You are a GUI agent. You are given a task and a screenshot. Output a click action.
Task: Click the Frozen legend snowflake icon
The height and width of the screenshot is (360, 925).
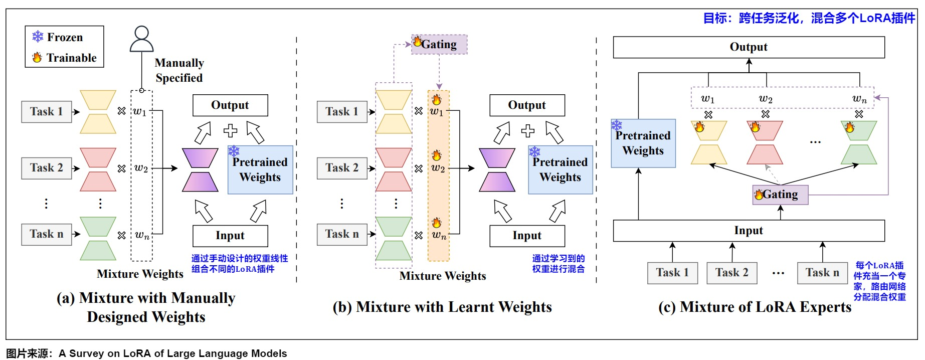click(38, 37)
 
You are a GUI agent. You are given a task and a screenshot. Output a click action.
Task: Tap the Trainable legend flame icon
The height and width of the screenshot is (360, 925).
click(37, 58)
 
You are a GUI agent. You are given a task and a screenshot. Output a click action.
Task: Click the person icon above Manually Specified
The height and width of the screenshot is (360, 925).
click(141, 39)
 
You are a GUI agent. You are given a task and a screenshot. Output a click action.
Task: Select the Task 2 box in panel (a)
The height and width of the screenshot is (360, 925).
click(47, 168)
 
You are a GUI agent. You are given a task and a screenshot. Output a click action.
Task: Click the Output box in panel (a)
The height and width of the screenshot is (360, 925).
click(230, 105)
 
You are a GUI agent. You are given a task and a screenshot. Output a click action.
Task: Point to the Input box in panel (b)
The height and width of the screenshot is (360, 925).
click(527, 236)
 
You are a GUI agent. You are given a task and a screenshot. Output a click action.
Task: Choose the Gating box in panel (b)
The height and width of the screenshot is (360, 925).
click(439, 44)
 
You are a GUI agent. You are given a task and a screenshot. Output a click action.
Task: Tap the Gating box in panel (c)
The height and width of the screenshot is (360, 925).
click(780, 195)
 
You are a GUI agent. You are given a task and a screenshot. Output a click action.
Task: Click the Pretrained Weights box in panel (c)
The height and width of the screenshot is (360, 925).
click(643, 143)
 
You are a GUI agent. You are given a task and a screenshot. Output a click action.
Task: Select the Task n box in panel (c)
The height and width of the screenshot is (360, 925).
click(822, 273)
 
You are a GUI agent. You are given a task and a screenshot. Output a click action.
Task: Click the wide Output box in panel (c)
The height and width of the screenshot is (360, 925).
click(749, 47)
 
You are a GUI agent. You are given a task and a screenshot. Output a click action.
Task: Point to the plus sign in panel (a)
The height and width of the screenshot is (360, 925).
click(231, 131)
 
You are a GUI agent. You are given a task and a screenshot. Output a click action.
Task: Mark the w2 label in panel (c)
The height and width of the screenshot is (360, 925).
click(766, 99)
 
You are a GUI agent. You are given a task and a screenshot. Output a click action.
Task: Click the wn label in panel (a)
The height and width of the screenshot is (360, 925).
click(142, 235)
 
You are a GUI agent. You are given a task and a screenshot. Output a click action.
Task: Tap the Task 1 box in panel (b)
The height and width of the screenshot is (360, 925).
click(342, 112)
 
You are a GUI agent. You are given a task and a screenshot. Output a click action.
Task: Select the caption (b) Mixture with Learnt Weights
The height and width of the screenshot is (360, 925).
click(442, 307)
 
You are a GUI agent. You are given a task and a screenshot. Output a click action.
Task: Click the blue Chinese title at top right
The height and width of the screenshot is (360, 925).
click(809, 18)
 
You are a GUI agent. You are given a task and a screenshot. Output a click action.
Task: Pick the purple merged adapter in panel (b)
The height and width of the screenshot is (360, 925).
click(497, 170)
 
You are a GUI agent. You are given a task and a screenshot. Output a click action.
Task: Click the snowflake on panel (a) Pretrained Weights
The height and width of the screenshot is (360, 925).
click(234, 151)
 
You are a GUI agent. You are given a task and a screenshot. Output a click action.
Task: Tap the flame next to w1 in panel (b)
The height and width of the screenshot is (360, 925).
click(437, 99)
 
